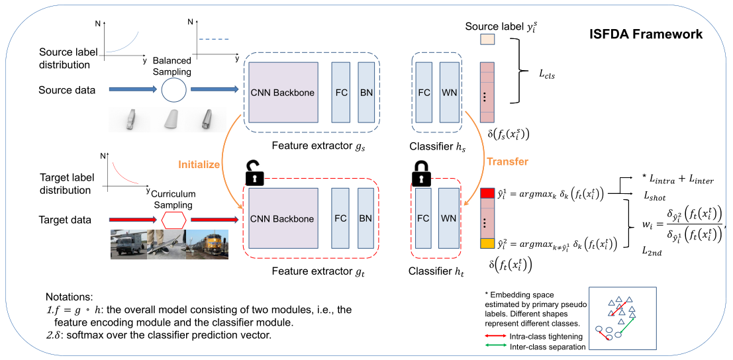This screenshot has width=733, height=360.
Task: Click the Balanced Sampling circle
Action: (x=174, y=89)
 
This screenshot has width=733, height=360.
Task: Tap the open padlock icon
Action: (x=254, y=172)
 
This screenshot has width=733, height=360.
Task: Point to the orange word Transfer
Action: (x=507, y=161)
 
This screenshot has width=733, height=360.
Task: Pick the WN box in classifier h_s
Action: (x=448, y=93)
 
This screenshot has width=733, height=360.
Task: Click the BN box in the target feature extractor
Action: (x=367, y=218)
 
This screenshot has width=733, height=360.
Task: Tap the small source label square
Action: (x=487, y=40)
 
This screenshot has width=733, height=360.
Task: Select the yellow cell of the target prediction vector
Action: (x=487, y=244)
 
